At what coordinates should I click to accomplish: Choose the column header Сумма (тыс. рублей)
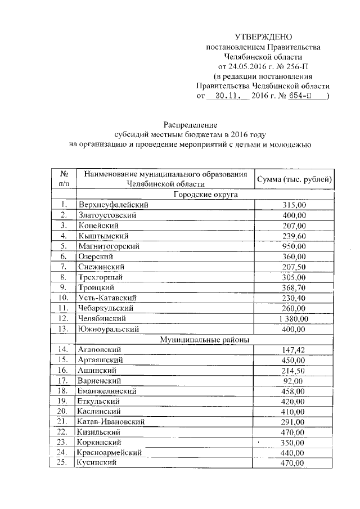(294, 179)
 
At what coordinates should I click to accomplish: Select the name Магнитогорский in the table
(109, 246)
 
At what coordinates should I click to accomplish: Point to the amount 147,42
(294, 350)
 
